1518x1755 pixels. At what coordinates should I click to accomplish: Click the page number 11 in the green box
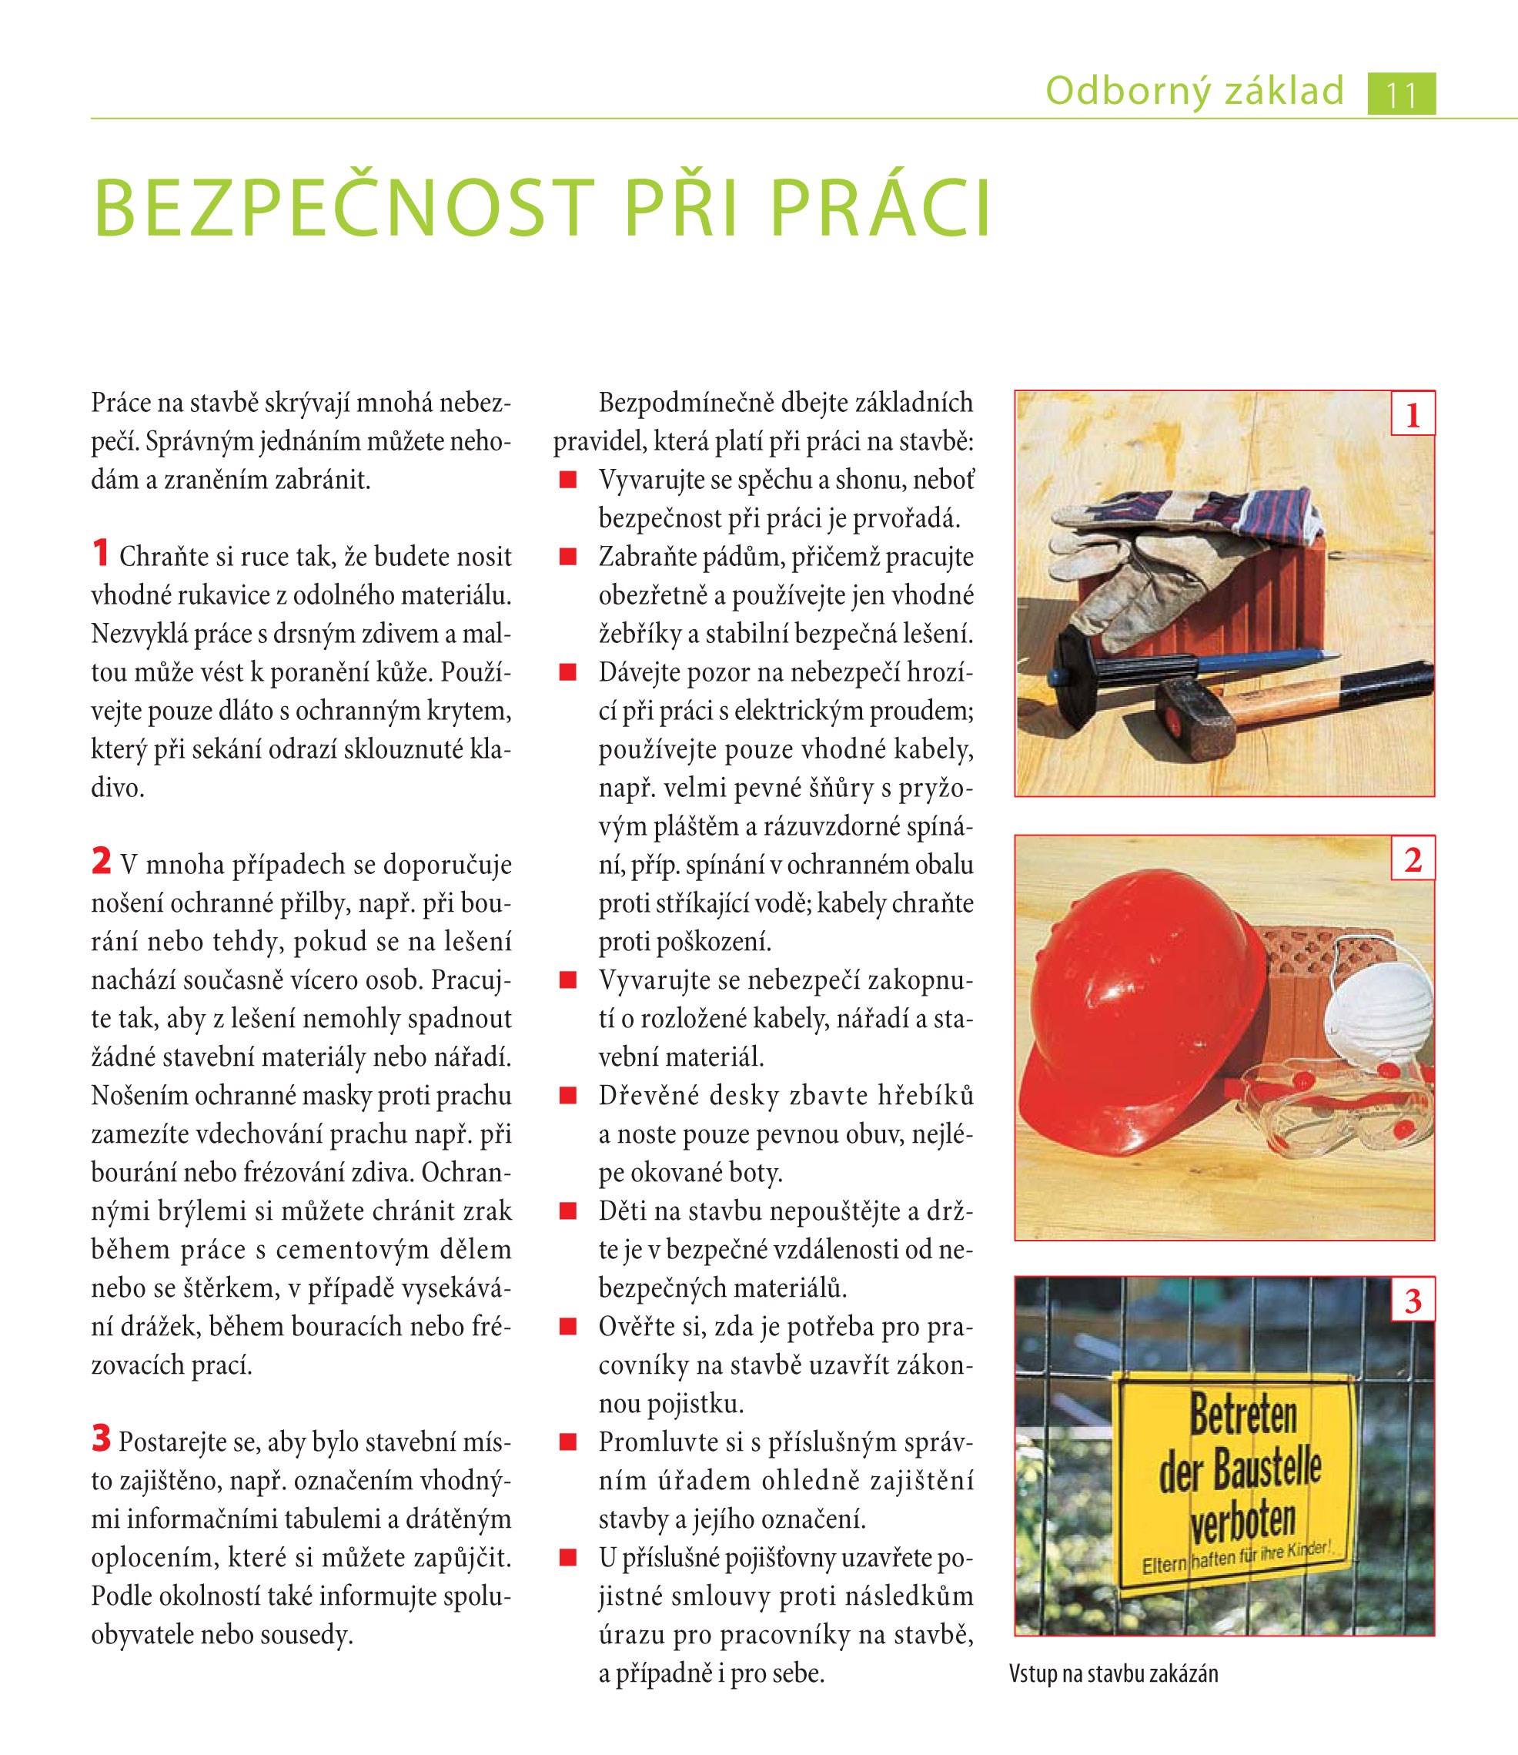point(1401,94)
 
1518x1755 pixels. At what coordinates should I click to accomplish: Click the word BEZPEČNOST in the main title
point(339,209)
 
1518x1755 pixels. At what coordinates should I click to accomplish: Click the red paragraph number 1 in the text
point(101,554)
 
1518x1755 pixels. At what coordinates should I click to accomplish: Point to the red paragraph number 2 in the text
point(101,862)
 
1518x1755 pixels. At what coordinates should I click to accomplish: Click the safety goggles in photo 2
point(1339,1110)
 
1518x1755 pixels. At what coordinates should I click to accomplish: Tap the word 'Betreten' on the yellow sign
point(1242,1415)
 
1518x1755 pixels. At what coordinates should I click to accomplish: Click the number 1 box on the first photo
point(1412,415)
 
